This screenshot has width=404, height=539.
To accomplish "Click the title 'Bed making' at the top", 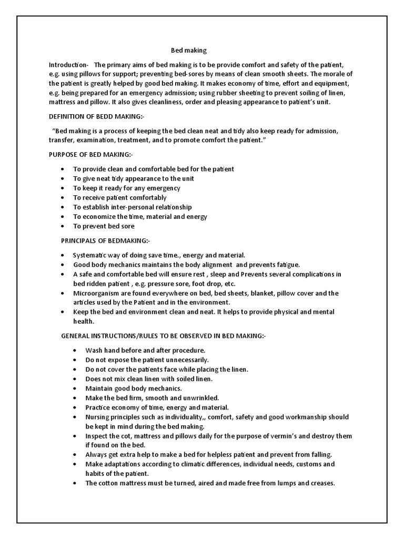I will coord(189,51).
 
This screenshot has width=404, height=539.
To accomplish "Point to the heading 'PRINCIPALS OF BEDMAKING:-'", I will coord(106,241).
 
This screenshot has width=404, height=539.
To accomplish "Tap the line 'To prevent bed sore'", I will coord(104,226).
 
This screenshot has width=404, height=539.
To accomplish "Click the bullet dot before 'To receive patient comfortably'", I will coord(63,197).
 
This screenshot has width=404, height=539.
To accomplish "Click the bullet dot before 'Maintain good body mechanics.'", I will coord(76,388).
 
